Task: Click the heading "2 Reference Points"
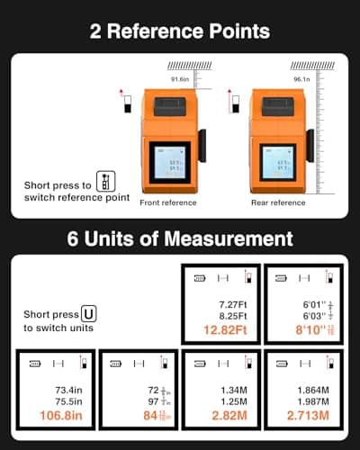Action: (x=180, y=31)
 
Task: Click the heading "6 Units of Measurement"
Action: (x=180, y=239)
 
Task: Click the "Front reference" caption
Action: (x=167, y=202)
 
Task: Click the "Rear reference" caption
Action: (x=274, y=202)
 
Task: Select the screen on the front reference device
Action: (x=168, y=165)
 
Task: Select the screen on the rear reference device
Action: (x=275, y=165)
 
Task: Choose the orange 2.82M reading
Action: (x=220, y=417)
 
